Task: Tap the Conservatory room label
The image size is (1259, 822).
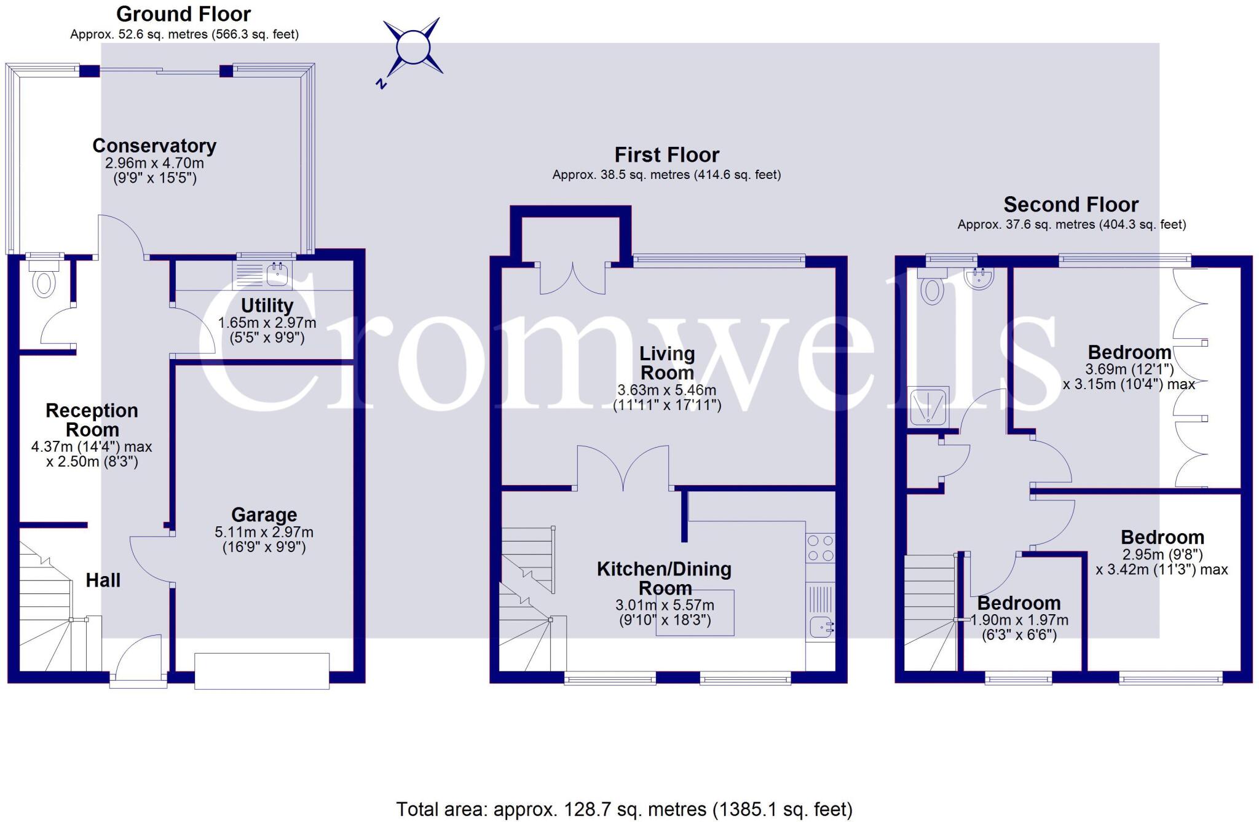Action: (x=154, y=146)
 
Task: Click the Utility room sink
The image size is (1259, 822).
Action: (x=278, y=274)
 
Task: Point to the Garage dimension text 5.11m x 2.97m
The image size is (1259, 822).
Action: (x=264, y=532)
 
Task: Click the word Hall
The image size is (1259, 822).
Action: (x=103, y=580)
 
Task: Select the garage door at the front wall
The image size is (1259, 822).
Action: (x=262, y=671)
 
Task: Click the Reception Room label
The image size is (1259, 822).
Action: (x=92, y=420)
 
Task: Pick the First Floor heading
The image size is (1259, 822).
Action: (x=666, y=155)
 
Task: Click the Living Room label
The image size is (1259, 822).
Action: (x=667, y=363)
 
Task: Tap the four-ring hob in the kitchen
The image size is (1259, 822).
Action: (x=820, y=548)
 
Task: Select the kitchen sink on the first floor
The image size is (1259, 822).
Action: (x=821, y=627)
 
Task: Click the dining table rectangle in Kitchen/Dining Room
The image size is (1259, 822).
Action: (x=695, y=612)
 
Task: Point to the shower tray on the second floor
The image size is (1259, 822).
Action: (x=928, y=406)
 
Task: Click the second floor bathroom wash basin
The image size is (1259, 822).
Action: (x=979, y=279)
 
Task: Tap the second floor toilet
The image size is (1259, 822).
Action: (x=933, y=288)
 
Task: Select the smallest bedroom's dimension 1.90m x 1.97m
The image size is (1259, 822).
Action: (x=1019, y=620)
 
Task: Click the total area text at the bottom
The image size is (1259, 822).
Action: (x=624, y=809)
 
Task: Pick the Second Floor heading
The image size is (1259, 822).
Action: (x=1071, y=204)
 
